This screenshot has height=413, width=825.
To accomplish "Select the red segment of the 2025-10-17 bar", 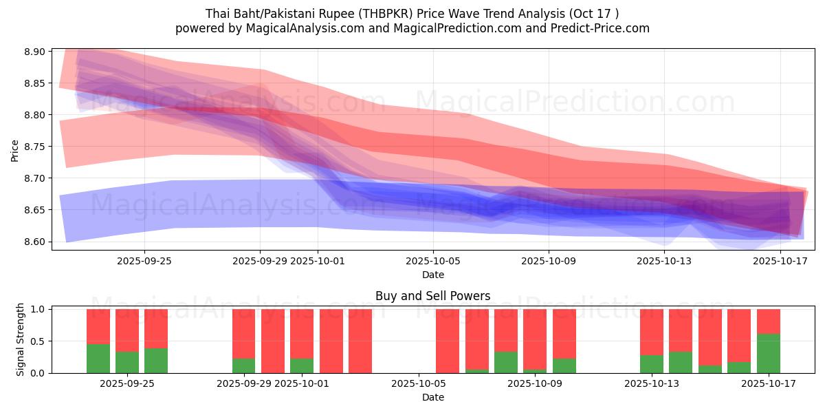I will point(768,321).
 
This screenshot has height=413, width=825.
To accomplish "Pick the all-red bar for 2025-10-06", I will point(448,341).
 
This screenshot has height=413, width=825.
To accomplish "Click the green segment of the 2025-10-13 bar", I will point(651,364).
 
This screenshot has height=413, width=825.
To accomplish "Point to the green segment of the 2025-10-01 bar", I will point(302,366).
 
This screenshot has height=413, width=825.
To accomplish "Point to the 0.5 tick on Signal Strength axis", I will point(38,341).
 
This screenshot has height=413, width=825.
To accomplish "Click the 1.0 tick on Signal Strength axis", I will point(38,310).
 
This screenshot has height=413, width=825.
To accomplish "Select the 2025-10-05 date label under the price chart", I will point(433,261).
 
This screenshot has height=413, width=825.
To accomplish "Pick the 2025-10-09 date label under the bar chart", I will point(534,383).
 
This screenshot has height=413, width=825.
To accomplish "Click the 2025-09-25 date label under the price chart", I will point(144,261).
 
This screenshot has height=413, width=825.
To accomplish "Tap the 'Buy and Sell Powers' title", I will point(433,297).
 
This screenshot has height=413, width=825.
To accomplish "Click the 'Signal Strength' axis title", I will point(21,339).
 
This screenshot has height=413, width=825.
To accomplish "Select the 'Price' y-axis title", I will point(15,150).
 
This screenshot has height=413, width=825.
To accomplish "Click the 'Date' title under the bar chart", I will point(433,397).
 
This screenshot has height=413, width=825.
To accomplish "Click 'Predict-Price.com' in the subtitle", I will point(602,28).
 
